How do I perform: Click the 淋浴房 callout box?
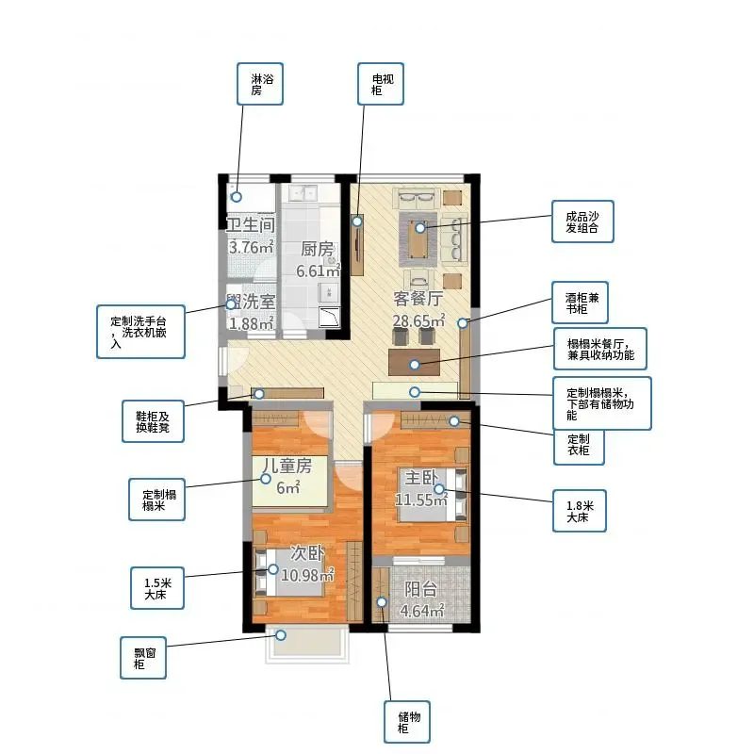[x=260, y=84]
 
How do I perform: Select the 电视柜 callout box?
[x=381, y=84]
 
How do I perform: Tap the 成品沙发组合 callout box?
[x=582, y=221]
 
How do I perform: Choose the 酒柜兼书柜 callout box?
[x=580, y=303]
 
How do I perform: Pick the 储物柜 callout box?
[x=407, y=722]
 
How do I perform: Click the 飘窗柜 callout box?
[x=143, y=658]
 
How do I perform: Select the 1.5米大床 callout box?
[x=157, y=588]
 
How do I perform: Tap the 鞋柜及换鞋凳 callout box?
[x=153, y=421]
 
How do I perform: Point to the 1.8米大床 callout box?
[x=580, y=511]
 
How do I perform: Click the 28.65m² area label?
[x=418, y=320]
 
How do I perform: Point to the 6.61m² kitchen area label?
[x=318, y=270]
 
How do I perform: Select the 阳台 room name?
[x=420, y=589]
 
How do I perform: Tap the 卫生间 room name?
[x=251, y=224]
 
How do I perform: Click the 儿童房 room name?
[x=287, y=465]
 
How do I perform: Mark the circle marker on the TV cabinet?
[x=357, y=221]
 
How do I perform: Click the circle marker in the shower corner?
[x=237, y=197]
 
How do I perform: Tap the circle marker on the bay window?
[x=280, y=635]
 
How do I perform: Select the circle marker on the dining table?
[x=415, y=365]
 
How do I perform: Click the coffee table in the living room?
[x=418, y=239]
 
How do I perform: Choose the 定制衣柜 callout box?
[x=579, y=445]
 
